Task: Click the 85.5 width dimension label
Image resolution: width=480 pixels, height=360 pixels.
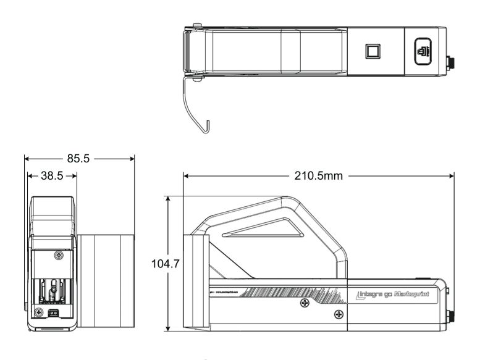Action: [78, 158]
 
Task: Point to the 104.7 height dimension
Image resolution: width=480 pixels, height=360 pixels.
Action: [165, 264]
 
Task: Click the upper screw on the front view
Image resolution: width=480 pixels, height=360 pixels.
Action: [59, 254]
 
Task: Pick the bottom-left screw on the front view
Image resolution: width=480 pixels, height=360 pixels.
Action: [39, 310]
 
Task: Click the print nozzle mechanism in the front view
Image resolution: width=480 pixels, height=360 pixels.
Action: [54, 290]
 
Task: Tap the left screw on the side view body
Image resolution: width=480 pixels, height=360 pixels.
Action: [304, 304]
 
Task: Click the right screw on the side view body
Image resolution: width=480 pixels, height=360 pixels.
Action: [337, 314]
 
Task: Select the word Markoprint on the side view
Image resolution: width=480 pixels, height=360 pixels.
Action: [416, 295]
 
